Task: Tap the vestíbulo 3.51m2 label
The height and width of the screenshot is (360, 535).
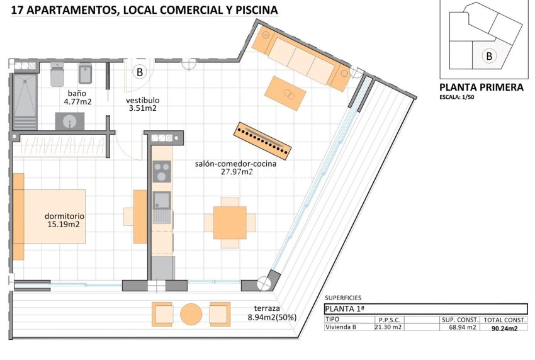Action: pyautogui.click(x=142, y=104)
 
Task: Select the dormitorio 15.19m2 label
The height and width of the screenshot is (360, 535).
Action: pyautogui.click(x=65, y=220)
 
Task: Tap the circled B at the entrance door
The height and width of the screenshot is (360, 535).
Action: pyautogui.click(x=140, y=72)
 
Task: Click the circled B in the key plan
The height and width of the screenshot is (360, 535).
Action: pyautogui.click(x=488, y=56)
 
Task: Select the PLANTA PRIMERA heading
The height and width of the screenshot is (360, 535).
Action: pyautogui.click(x=481, y=88)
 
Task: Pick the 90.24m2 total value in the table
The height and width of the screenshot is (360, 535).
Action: pyautogui.click(x=505, y=328)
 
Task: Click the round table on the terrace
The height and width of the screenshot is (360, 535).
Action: pyautogui.click(x=191, y=313)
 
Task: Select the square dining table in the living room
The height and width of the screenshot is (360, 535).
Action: pyautogui.click(x=230, y=222)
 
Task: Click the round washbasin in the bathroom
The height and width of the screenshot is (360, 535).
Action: pyautogui.click(x=69, y=121)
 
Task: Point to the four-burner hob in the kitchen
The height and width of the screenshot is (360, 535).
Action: pyautogui.click(x=162, y=171)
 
